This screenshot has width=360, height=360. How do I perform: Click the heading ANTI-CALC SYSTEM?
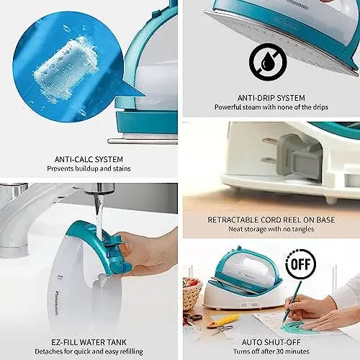[88, 159]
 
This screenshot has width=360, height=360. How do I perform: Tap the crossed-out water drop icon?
[268, 63]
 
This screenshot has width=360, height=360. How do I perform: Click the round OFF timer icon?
[300, 264]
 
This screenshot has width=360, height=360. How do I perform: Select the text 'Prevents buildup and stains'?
[88, 169]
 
